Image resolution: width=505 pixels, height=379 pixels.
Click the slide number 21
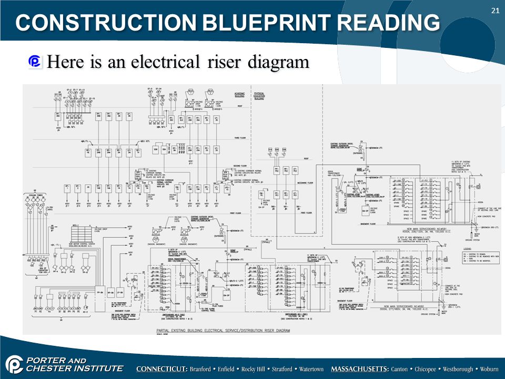pos(494,11)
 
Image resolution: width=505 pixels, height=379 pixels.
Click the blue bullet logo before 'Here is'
pos(35,62)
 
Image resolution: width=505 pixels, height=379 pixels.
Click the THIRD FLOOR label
pos(240,138)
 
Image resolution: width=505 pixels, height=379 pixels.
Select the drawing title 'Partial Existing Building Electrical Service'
pos(223,331)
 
